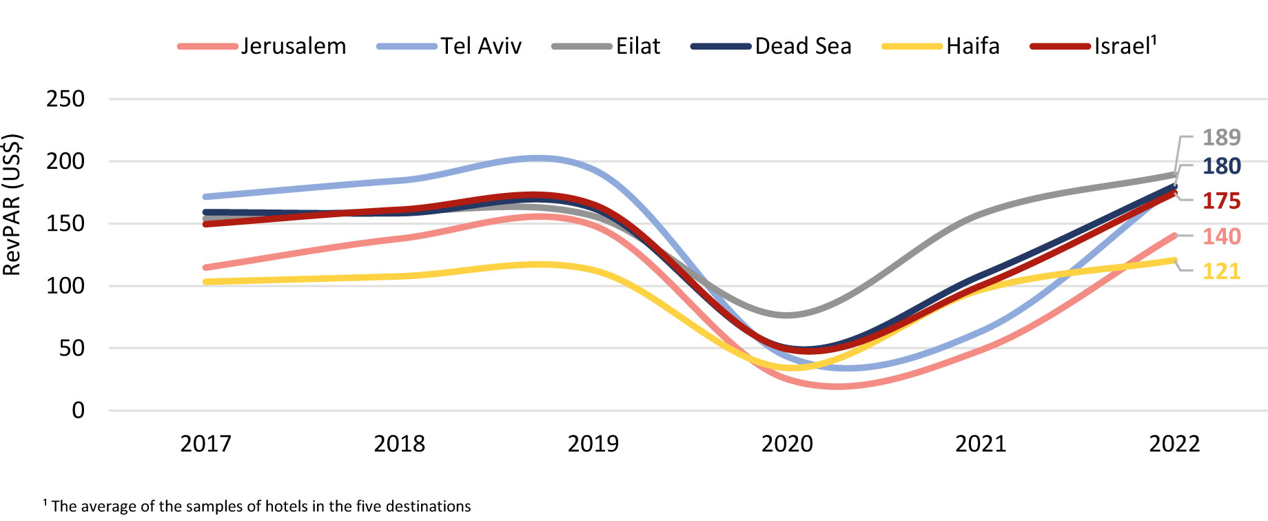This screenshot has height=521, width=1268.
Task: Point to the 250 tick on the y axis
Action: pos(65,99)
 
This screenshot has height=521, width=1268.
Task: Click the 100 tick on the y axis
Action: pos(65,286)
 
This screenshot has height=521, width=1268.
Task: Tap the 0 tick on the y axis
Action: pos(78,411)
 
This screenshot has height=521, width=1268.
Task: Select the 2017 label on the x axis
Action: pos(205,444)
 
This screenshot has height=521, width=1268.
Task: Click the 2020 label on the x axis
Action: pos(787,444)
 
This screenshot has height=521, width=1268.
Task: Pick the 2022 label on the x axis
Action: pos(1174,444)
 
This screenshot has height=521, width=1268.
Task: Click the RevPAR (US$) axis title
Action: pos(12,205)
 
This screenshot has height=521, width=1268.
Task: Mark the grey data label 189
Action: pos(1221,138)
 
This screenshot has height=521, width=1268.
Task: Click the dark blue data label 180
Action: pos(1221,166)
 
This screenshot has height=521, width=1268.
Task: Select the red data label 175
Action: pos(1221,201)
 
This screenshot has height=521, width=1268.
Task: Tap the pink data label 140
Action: pos(1221,236)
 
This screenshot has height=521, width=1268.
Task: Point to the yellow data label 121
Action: pos(1221,272)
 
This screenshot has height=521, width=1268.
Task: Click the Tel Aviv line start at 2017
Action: pos(206,197)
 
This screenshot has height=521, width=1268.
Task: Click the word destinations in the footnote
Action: pos(428,507)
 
